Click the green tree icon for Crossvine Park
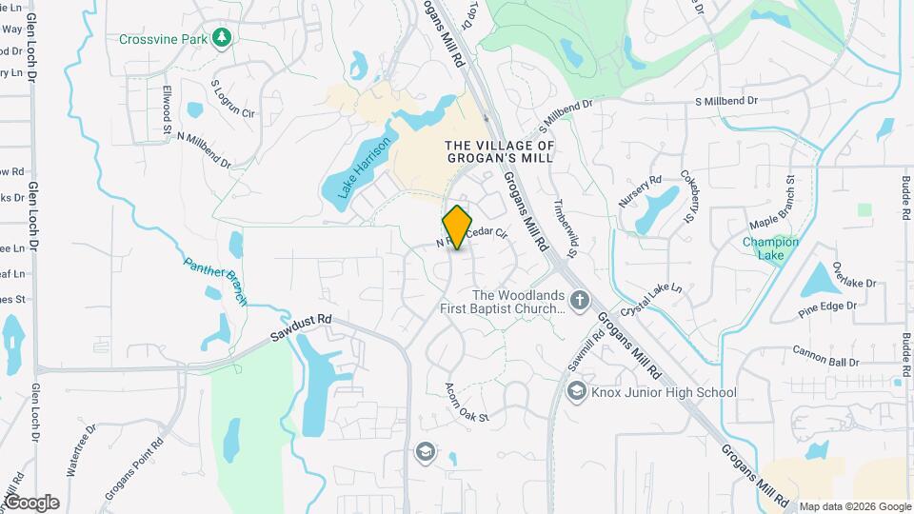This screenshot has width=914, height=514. click(x=224, y=37)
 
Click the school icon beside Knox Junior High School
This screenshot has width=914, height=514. click(x=576, y=391)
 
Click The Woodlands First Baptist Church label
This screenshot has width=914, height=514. click(x=505, y=302)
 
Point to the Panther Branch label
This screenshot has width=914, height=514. click(x=215, y=282)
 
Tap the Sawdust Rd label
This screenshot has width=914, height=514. click(x=300, y=329)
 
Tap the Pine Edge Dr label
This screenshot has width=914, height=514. click(x=827, y=308)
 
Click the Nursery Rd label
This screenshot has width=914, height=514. click(x=640, y=194)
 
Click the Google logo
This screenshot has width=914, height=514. click(x=31, y=503)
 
